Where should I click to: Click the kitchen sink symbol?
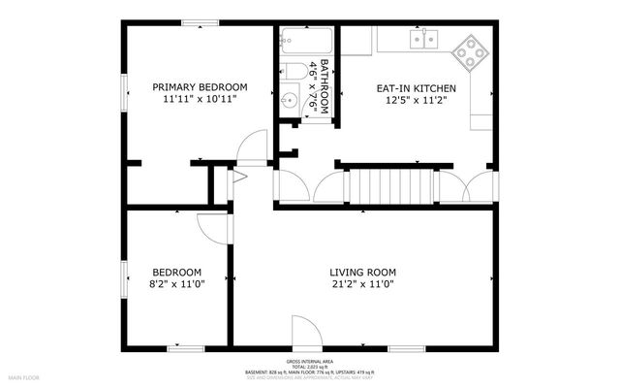point(423,39)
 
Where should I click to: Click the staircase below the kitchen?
point(387,183)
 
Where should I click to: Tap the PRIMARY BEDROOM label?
point(200,86)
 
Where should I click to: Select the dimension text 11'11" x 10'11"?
point(200,99)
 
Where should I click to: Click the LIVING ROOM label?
point(363,272)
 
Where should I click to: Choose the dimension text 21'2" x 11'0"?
point(363,284)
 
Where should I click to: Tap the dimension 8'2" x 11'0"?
point(176,284)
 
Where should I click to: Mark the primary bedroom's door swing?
point(253,145)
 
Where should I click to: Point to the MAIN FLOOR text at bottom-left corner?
point(24,376)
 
